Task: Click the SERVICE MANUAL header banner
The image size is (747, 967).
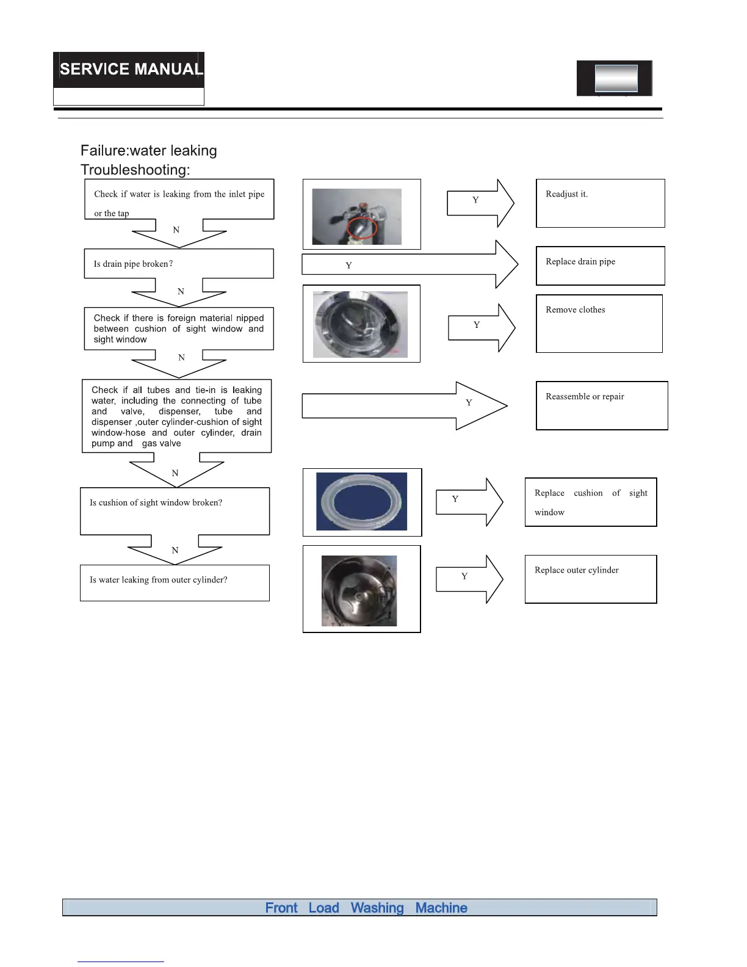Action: point(129,70)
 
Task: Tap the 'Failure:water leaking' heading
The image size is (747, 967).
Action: point(149,151)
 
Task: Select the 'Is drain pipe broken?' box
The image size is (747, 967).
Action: point(178,264)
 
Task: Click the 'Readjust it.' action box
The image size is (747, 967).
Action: point(600,203)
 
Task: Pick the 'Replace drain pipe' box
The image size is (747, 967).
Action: point(600,266)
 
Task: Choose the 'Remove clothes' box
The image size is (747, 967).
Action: point(599,324)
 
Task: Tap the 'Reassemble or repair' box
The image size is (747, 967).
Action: point(601,405)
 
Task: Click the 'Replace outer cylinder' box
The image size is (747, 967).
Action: point(590,579)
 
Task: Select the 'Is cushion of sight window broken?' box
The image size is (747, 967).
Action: point(175,511)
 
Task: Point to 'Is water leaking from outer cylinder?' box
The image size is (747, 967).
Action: point(175,582)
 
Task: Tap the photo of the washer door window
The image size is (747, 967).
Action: point(360,324)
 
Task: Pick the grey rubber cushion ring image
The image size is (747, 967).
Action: point(361,501)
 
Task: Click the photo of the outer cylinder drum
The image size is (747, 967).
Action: point(359,590)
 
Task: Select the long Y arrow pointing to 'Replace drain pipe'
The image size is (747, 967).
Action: point(409,265)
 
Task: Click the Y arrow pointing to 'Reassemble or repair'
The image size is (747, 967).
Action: point(404,405)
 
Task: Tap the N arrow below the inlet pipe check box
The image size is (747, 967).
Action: point(179,232)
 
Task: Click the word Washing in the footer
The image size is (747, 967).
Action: point(377,908)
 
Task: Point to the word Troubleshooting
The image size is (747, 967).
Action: point(135,170)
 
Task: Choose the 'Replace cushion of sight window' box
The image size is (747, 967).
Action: point(590,502)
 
